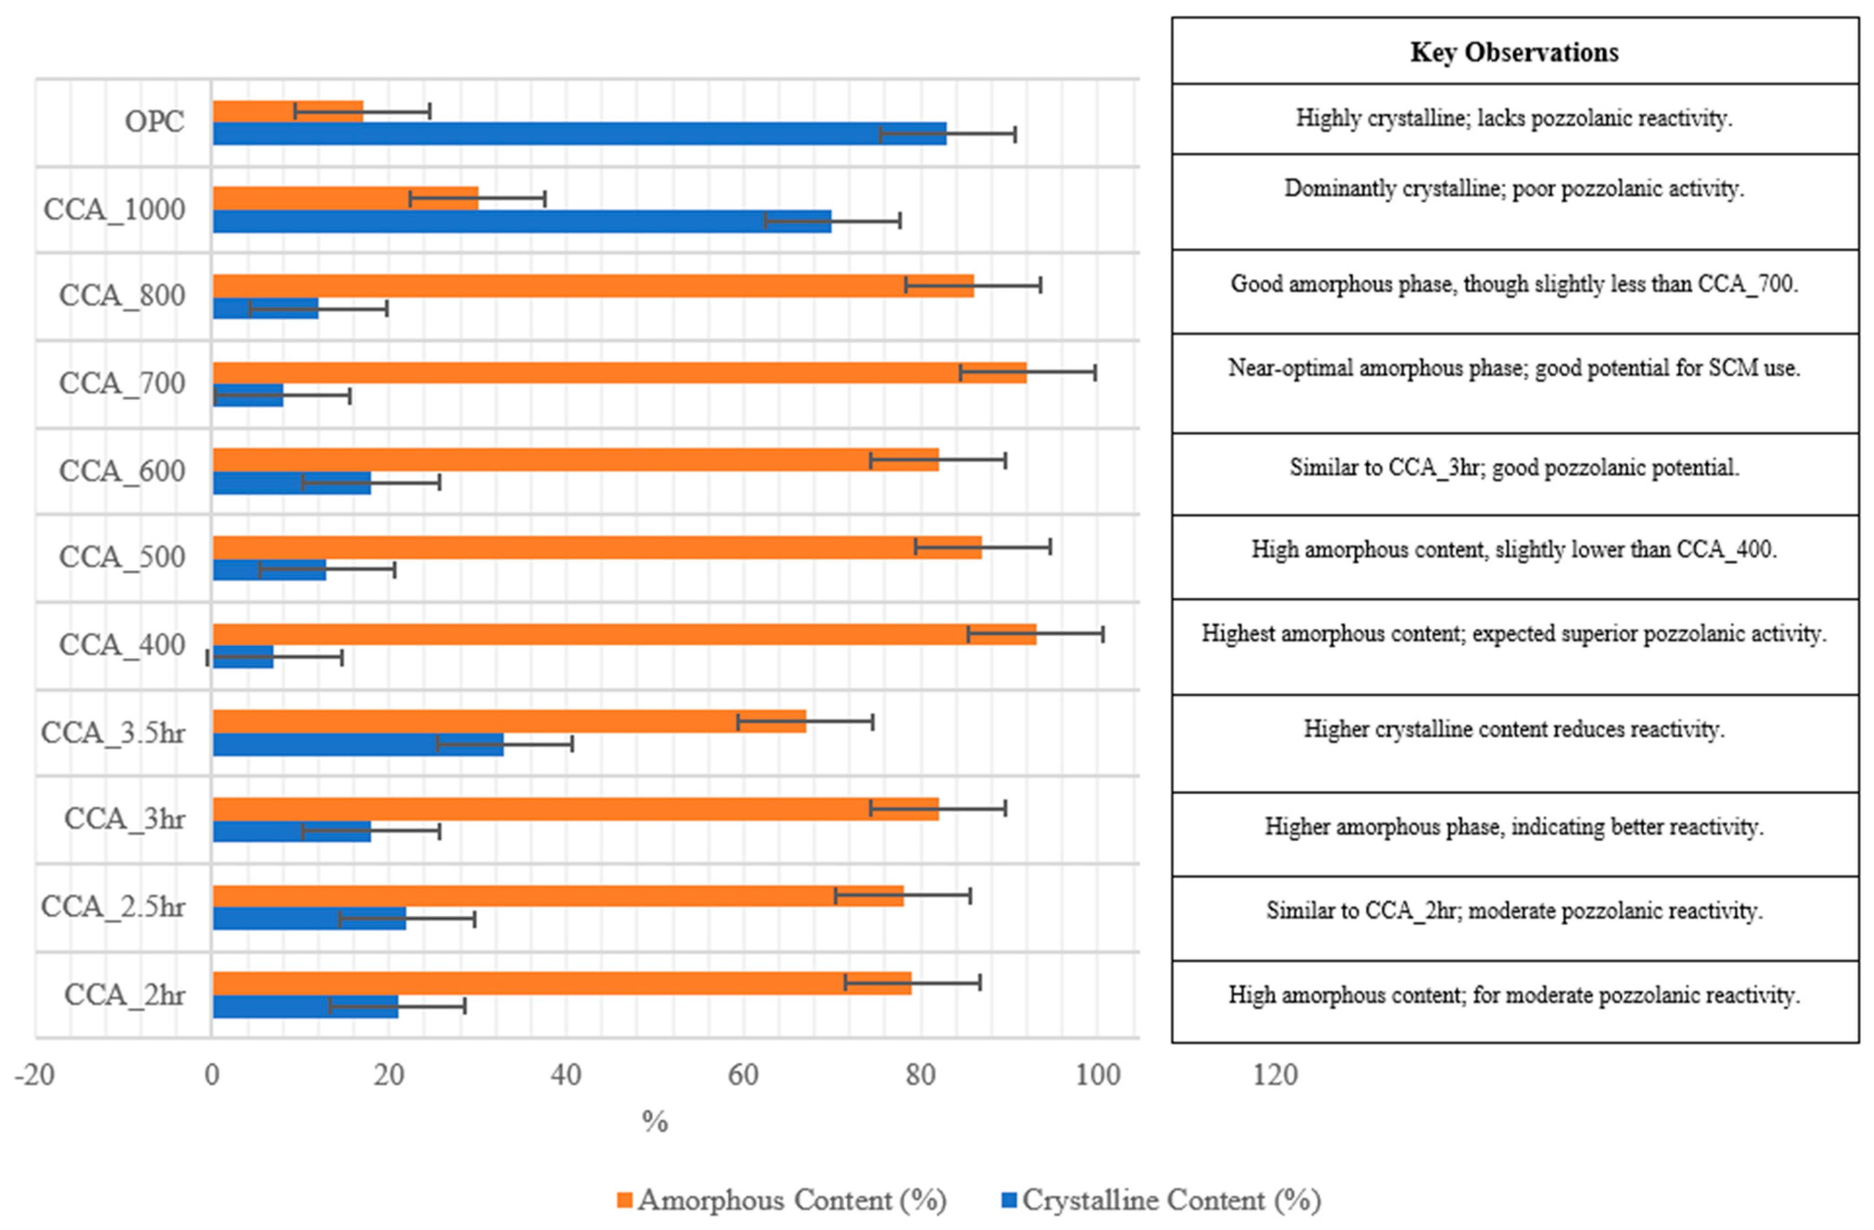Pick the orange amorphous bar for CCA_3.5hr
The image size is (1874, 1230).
coord(509,721)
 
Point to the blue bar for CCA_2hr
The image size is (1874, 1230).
coord(305,1006)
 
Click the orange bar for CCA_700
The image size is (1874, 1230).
coord(619,373)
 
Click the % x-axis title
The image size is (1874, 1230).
coord(655,1121)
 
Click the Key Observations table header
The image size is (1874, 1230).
coord(1514,53)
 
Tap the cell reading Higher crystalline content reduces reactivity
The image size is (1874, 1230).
coord(1514,729)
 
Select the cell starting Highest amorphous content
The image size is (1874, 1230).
coord(1514,634)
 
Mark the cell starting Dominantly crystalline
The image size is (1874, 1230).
coord(1514,189)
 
